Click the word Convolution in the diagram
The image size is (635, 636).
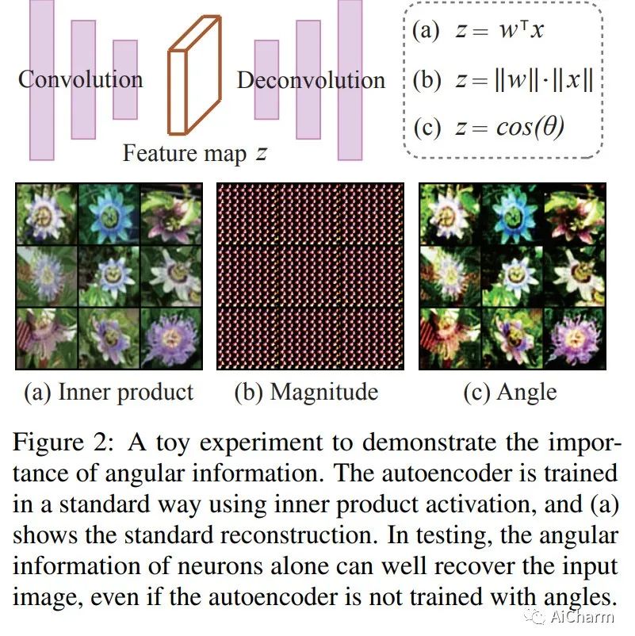tap(81, 79)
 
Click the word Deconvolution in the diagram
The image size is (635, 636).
tap(311, 80)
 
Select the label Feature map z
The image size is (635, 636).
tap(194, 152)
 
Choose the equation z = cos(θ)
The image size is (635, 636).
tap(488, 127)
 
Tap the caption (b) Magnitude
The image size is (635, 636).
tap(306, 391)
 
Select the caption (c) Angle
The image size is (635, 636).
tap(511, 391)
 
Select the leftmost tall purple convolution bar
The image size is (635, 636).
tap(41, 79)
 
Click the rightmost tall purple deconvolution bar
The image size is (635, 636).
tap(350, 79)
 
